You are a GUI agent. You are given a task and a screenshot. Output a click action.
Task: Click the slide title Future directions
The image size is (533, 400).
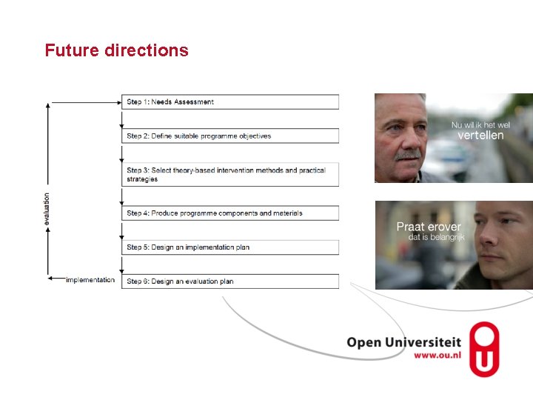tap(116, 50)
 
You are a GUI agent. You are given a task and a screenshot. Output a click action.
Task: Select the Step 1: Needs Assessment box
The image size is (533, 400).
tap(229, 101)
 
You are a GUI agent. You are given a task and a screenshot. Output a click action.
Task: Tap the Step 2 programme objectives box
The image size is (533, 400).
tap(229, 136)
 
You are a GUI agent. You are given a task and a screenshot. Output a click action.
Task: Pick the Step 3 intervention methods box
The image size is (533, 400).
tap(229, 175)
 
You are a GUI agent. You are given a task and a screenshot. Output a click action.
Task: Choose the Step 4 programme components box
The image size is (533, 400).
tap(229, 213)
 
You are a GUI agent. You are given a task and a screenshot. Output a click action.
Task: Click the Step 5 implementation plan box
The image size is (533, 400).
tap(229, 247)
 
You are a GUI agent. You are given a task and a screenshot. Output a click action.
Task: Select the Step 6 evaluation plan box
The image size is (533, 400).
tap(229, 281)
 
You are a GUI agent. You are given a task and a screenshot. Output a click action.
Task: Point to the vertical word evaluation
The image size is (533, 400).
tap(47, 210)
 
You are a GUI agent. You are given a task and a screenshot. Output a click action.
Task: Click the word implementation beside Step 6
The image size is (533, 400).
tap(90, 280)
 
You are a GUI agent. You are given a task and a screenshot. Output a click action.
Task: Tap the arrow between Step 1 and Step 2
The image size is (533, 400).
tap(122, 119)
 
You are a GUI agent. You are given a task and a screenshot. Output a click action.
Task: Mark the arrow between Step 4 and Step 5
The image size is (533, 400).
tap(122, 230)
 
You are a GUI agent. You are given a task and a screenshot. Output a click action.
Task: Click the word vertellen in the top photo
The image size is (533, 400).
tap(480, 136)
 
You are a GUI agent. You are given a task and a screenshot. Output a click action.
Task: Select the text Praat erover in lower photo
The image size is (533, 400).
tap(428, 227)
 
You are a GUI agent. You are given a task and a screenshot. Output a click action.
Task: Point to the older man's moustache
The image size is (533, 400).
tap(407, 155)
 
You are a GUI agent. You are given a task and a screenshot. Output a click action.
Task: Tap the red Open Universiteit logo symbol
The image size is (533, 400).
tap(484, 349)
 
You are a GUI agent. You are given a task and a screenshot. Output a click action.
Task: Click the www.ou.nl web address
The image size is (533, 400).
tap(437, 356)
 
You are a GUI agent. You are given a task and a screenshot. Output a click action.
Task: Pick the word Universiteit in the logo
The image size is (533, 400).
tap(426, 342)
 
